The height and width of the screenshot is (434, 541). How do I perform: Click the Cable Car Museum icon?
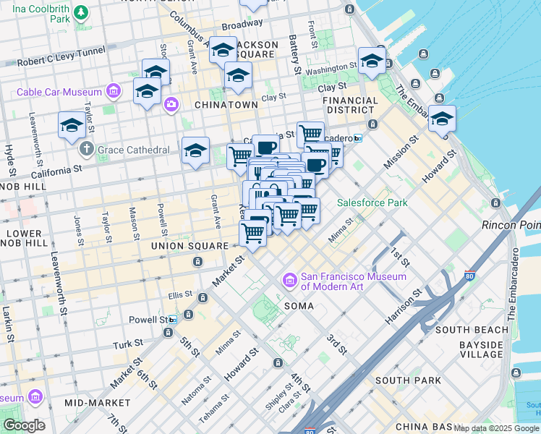point(112,92)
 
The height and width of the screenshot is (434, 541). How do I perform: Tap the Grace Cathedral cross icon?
point(87,150)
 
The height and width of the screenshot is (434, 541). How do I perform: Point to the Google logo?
point(24,425)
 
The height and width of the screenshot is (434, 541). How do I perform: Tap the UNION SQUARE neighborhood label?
point(189,246)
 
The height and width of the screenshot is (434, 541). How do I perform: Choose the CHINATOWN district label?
point(226,105)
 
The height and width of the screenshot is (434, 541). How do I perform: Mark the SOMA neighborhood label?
point(299,306)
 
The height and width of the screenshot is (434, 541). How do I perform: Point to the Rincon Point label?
point(511,226)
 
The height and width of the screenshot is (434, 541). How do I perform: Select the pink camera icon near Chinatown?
point(171,105)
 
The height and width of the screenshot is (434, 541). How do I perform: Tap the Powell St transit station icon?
point(173,320)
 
